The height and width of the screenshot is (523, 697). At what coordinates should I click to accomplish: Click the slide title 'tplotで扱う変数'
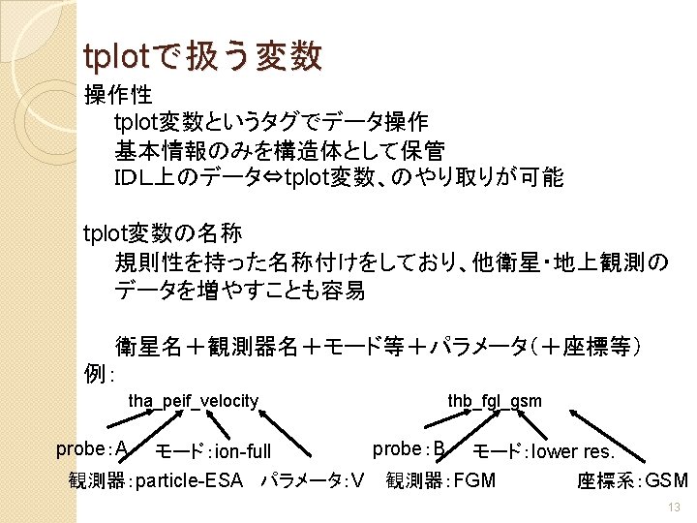pyautogui.click(x=202, y=56)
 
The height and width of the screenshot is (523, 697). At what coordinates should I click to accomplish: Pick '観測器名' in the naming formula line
pyautogui.click(x=256, y=347)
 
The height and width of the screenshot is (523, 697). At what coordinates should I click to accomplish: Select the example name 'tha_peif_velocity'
pyautogui.click(x=194, y=400)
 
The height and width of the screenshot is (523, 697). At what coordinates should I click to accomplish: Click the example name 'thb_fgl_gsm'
pyautogui.click(x=494, y=400)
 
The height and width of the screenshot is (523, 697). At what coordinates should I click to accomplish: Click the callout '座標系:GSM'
pyautogui.click(x=632, y=480)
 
